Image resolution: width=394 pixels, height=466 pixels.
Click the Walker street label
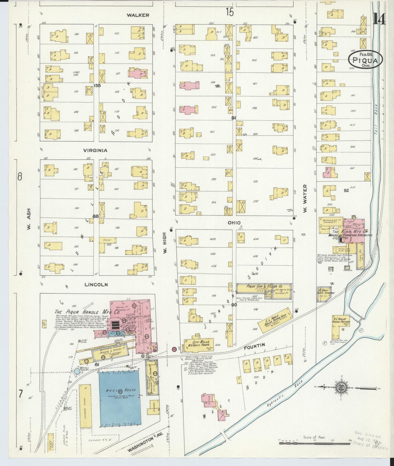[x=138, y=15]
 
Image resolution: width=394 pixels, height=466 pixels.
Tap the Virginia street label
[x=95, y=150]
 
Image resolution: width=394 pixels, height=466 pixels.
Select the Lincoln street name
[x=96, y=285]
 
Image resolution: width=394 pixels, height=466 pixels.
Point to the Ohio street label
[x=234, y=223]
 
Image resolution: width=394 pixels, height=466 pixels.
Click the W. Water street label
[x=305, y=199]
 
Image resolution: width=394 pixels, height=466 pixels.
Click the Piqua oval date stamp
[x=365, y=59]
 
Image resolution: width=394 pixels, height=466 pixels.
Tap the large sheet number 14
[x=379, y=19]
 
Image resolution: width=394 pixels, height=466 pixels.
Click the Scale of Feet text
[x=314, y=437]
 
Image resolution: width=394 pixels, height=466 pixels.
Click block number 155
[x=97, y=86]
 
